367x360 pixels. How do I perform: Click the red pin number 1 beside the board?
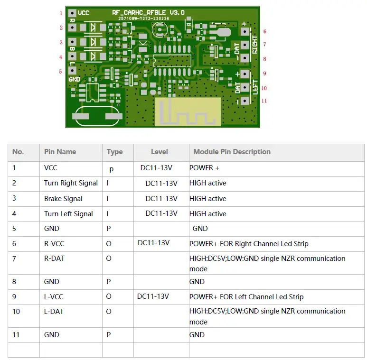(61, 13)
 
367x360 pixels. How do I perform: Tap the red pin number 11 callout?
(264, 101)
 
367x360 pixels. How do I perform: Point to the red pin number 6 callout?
(264, 31)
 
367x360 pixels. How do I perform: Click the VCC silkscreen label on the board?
(83, 13)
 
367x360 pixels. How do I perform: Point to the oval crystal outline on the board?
(94, 116)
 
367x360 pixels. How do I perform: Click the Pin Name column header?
(60, 152)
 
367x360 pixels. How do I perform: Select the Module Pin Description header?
(232, 152)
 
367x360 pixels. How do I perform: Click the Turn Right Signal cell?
(71, 183)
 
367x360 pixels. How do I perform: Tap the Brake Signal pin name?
(63, 199)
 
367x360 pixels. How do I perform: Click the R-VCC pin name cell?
(54, 244)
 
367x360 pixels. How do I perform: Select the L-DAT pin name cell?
(54, 312)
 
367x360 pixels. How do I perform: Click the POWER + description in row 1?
(204, 168)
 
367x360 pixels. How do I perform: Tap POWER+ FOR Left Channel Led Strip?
(246, 296)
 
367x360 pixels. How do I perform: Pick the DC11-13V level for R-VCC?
(153, 243)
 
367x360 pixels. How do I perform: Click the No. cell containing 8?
(14, 282)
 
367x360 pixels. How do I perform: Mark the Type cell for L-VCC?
(109, 296)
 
